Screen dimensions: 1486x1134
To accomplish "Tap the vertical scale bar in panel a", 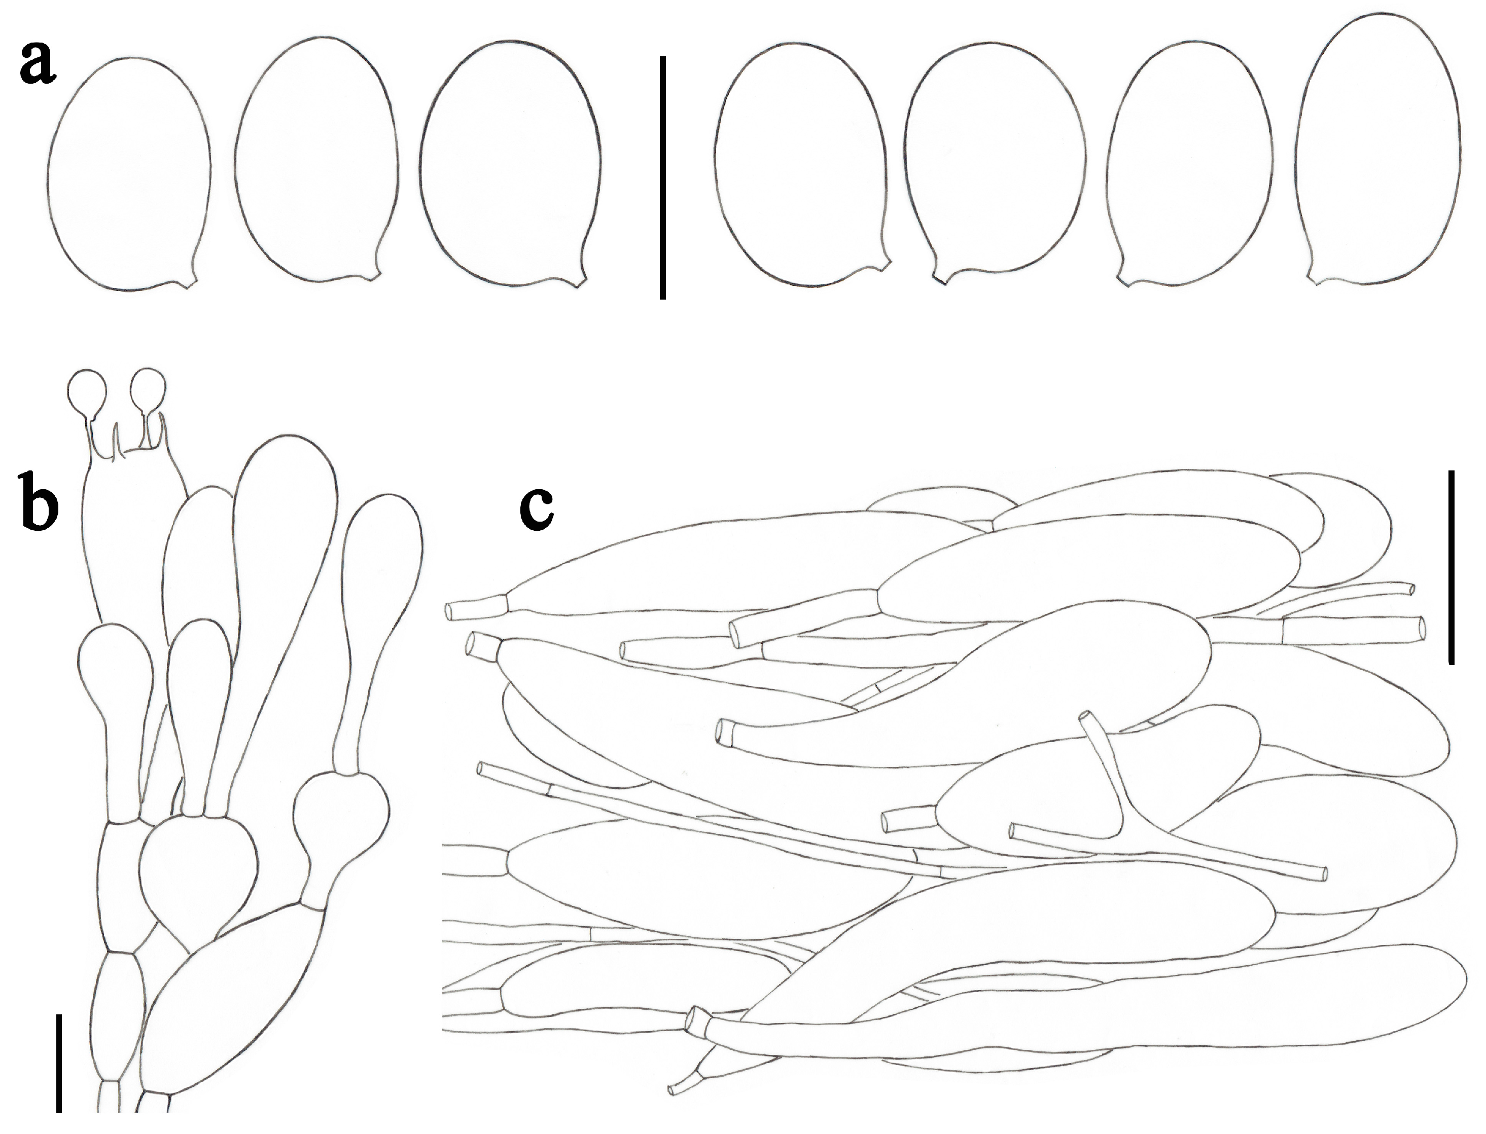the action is click(663, 177).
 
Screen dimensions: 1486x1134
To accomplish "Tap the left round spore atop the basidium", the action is click(88, 393).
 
